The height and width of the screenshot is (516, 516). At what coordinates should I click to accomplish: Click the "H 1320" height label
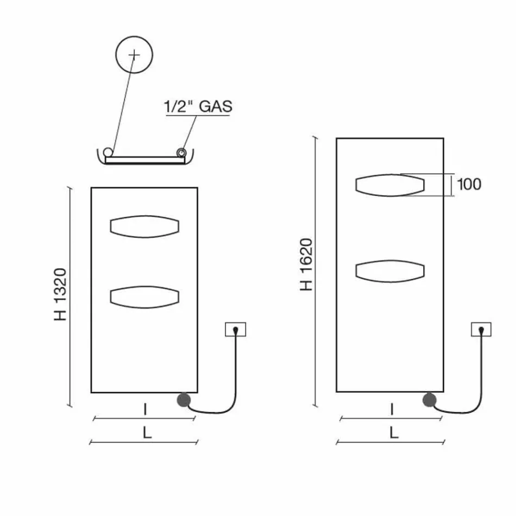tap(61, 294)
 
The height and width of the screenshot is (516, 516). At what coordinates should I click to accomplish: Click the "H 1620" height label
tap(307, 264)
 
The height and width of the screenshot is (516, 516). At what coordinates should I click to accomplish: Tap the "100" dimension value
tap(469, 184)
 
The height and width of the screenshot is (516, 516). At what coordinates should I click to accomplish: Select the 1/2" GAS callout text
tap(198, 106)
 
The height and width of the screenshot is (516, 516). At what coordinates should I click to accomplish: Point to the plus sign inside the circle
tap(134, 55)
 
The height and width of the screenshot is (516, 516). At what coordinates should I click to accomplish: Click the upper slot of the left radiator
tap(144, 227)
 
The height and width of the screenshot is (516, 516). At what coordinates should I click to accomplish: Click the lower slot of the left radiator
tap(144, 297)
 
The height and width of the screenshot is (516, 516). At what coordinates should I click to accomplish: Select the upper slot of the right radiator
tap(389, 185)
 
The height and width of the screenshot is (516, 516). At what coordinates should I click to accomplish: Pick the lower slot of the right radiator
tap(389, 271)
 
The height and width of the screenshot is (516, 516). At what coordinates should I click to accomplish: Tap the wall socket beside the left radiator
tap(235, 329)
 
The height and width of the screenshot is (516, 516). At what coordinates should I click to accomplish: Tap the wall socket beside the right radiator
tap(481, 329)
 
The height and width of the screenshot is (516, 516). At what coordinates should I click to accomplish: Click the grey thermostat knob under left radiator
tap(183, 400)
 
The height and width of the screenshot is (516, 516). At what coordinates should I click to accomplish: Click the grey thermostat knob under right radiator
tap(430, 400)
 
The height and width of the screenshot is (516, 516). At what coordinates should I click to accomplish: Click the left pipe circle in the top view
tap(109, 152)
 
